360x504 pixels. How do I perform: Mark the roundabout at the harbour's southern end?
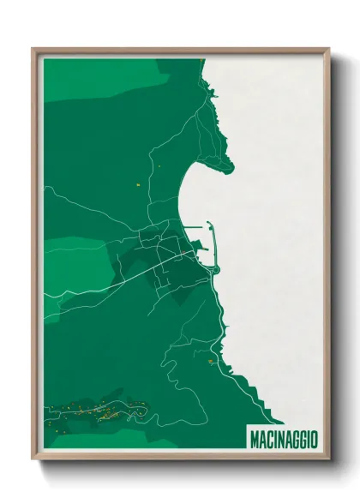coord(216,270)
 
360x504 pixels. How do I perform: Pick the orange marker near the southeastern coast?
coord(209,362)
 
